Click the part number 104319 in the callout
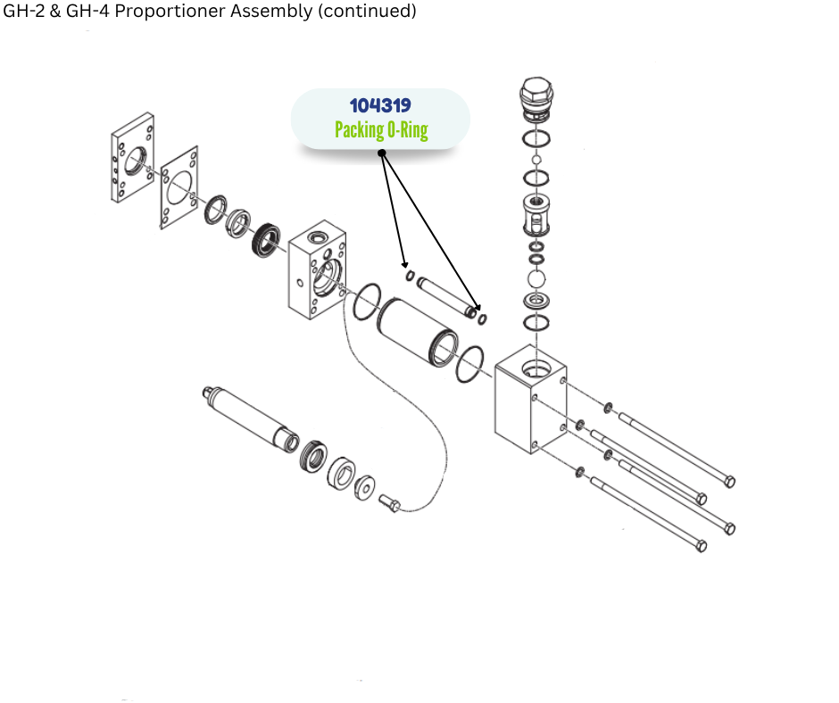coord(380,105)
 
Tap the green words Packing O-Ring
coord(381,130)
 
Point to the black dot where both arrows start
coord(382,153)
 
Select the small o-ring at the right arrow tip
coord(483,319)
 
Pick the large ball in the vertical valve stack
coord(536,279)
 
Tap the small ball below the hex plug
coord(536,160)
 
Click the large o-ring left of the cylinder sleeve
coord(367,302)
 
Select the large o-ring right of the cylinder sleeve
coord(469,365)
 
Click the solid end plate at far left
coord(132,158)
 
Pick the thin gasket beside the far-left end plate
coord(182,188)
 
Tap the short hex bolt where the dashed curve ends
coord(391,504)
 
